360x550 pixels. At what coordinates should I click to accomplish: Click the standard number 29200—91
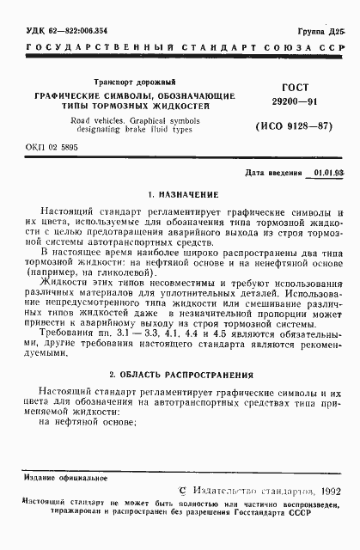tap(291, 102)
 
